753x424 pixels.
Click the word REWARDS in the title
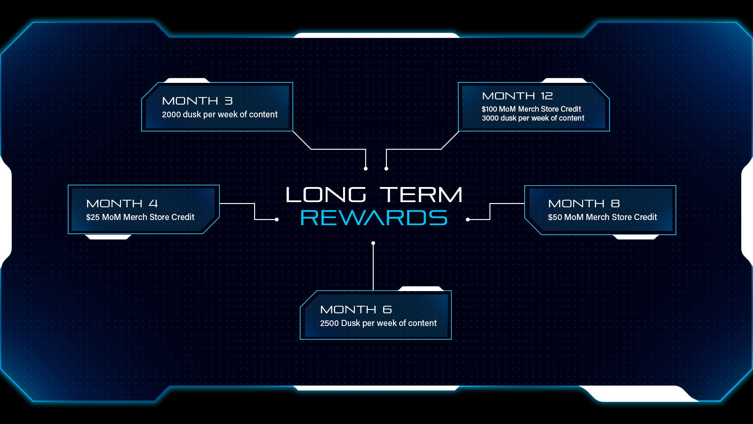[374, 218]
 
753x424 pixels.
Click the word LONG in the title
[326, 195]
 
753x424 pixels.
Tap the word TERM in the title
[421, 195]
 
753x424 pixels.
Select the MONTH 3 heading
[197, 101]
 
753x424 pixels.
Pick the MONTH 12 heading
[517, 96]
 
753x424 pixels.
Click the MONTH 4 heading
[122, 204]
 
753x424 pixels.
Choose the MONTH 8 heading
[584, 204]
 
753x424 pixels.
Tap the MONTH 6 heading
[356, 310]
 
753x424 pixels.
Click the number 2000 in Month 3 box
[171, 114]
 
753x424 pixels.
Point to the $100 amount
[489, 109]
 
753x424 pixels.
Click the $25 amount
[93, 217]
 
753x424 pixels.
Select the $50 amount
[555, 217]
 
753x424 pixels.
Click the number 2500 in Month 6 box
[329, 323]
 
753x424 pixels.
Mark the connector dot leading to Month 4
[277, 220]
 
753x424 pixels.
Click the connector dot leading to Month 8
[468, 220]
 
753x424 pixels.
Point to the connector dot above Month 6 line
[373, 244]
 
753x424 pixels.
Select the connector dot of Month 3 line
[366, 168]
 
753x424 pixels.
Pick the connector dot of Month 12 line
[386, 168]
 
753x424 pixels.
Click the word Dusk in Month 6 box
[350, 323]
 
